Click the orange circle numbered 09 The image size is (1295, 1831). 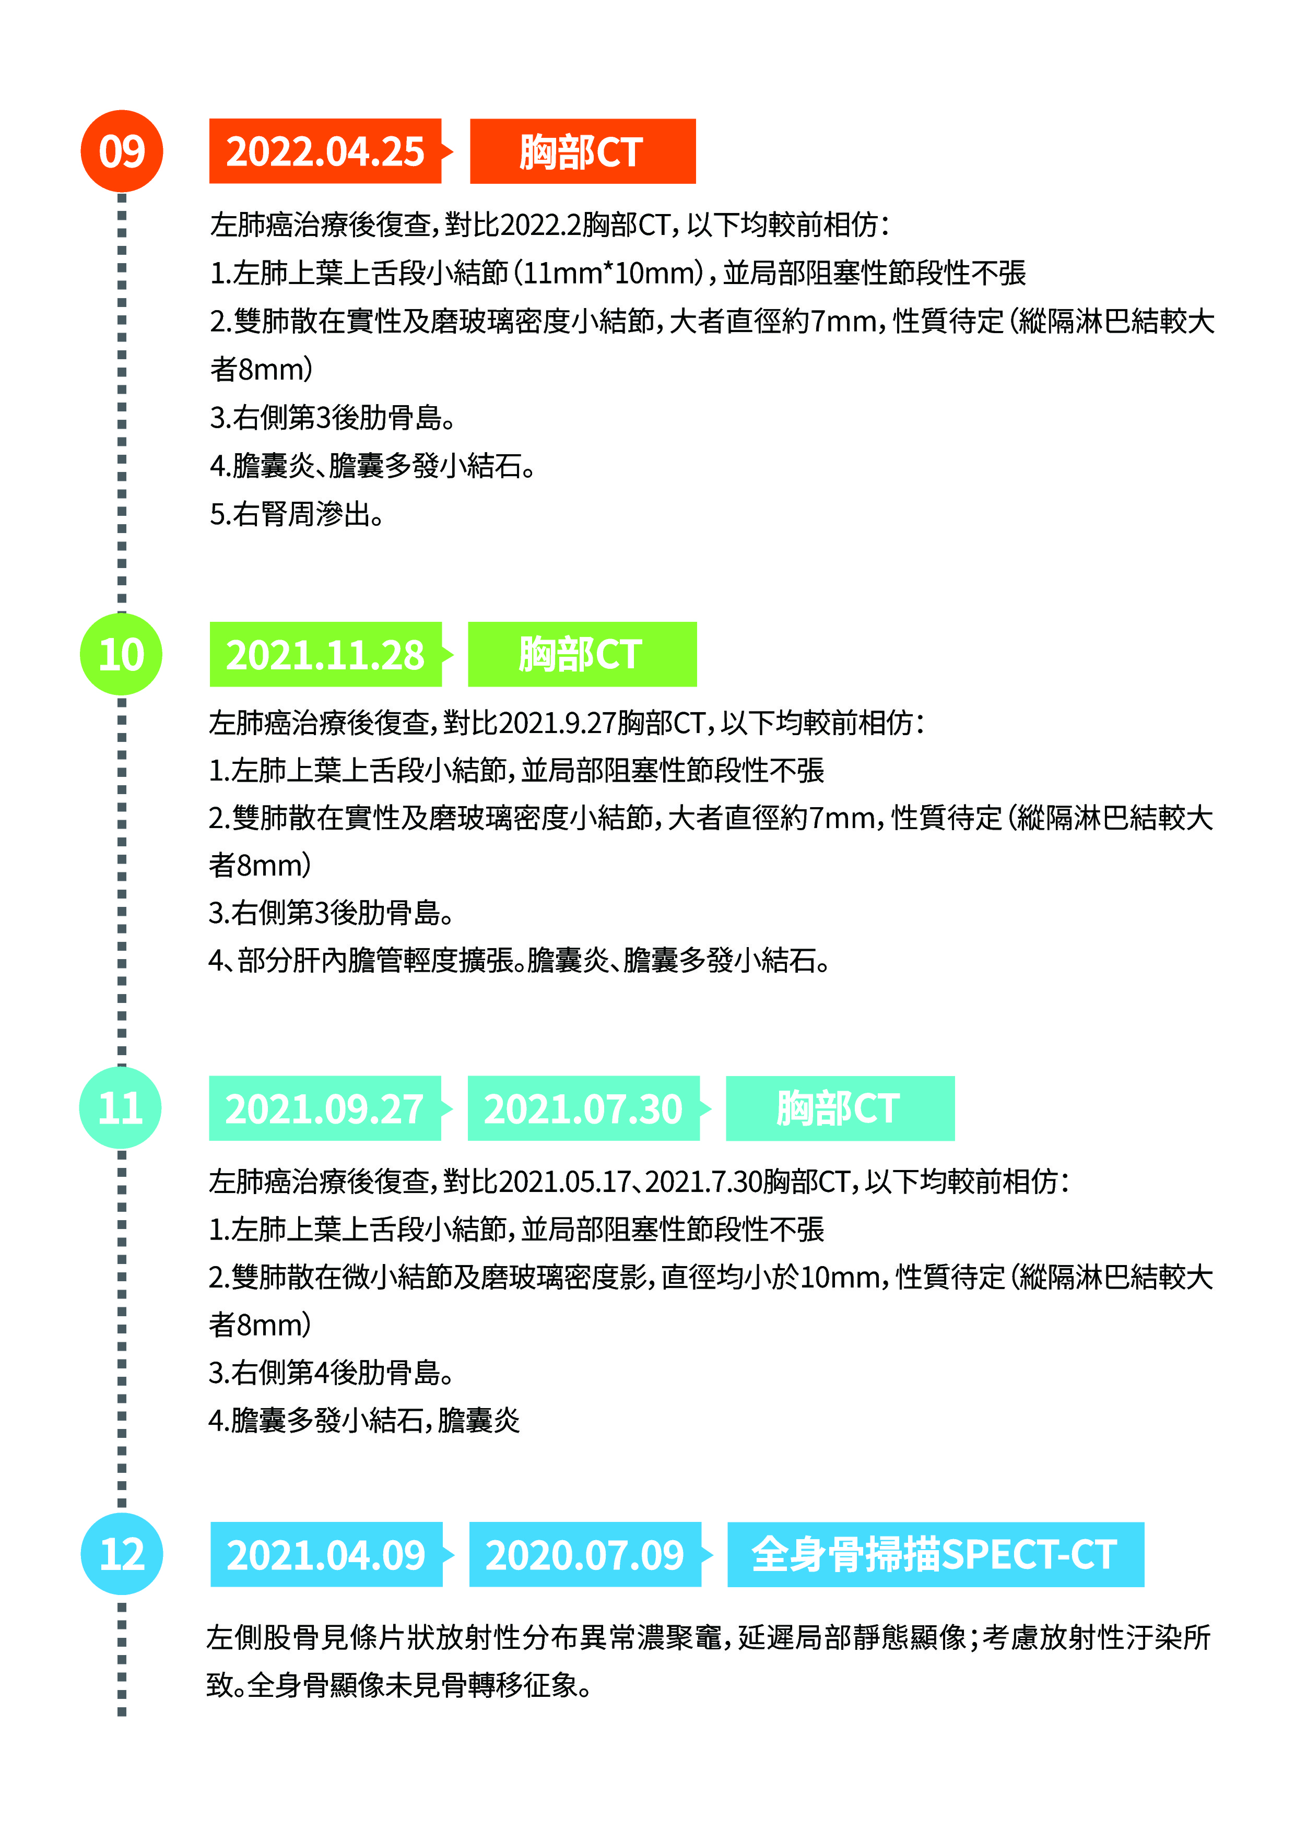[122, 151]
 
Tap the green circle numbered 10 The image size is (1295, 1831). [121, 654]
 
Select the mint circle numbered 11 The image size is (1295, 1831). [121, 1108]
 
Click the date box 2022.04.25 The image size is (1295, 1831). [325, 151]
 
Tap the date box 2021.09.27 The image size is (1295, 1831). [325, 1108]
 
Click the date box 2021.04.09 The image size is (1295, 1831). [326, 1554]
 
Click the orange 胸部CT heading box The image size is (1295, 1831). [583, 151]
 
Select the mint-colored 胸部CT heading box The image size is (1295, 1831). [840, 1108]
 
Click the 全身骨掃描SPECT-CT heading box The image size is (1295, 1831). [935, 1554]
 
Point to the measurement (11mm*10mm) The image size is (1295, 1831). [610, 273]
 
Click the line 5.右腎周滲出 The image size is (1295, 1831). [297, 514]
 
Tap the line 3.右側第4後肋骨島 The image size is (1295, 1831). [331, 1373]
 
